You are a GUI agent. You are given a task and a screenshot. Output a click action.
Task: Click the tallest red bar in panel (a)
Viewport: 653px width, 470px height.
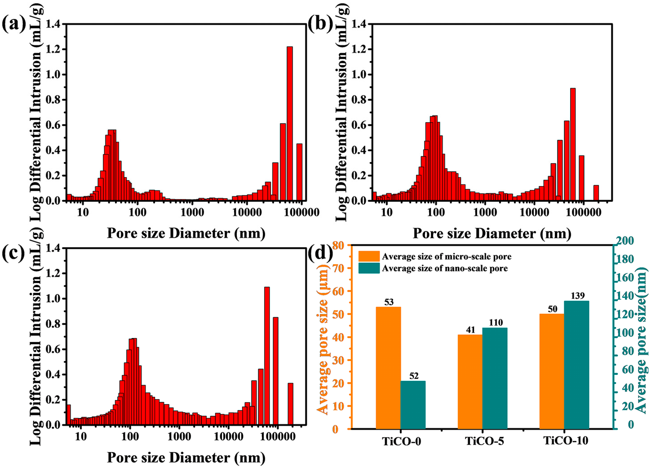tap(290, 124)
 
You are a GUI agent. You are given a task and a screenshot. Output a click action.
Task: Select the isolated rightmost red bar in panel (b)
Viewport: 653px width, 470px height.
tap(596, 193)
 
